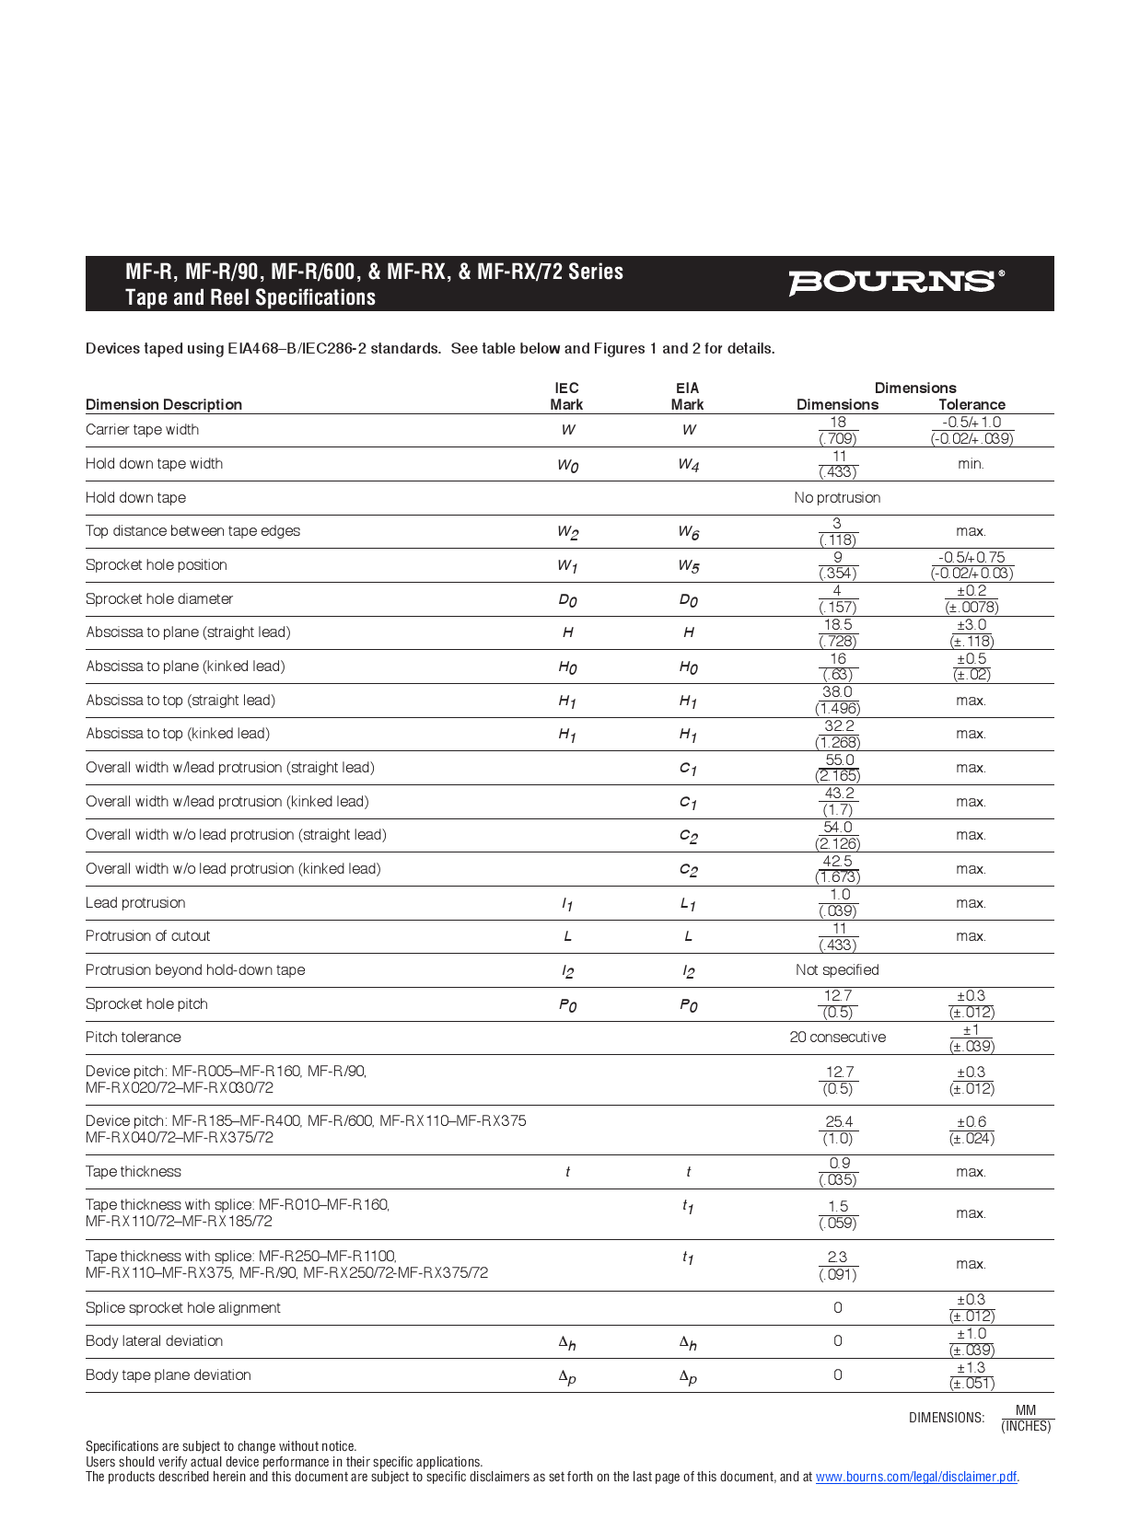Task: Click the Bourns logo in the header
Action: click(895, 283)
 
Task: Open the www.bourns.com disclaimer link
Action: click(915, 1477)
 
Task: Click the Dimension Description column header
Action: click(164, 404)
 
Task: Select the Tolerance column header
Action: click(971, 404)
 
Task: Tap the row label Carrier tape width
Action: click(142, 430)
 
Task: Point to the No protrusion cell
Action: click(837, 498)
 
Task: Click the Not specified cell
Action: click(837, 970)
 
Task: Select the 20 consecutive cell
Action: click(837, 1038)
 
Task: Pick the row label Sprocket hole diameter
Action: click(159, 599)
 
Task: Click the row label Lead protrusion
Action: click(135, 903)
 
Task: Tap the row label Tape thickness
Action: click(134, 1172)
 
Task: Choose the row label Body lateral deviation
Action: click(154, 1341)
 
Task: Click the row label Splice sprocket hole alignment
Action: click(183, 1308)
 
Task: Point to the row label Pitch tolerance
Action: click(134, 1038)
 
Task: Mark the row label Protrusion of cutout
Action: click(147, 936)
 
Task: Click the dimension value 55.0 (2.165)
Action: click(838, 768)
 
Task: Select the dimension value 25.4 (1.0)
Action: click(838, 1130)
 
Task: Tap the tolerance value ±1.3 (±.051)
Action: click(971, 1375)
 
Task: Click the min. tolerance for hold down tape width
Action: click(971, 464)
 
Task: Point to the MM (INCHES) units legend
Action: click(1026, 1418)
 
